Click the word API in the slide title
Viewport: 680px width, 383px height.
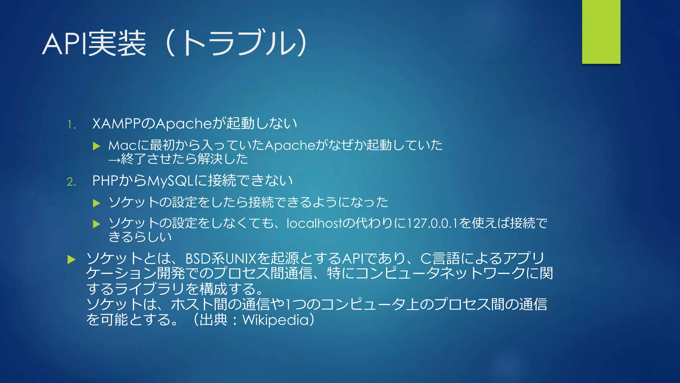coord(64,44)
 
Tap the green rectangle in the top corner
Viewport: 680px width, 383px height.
coord(601,32)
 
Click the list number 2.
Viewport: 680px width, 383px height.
coord(71,182)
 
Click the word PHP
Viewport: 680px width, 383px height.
coord(105,181)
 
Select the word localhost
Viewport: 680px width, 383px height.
coord(314,223)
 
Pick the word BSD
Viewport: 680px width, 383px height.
coord(198,259)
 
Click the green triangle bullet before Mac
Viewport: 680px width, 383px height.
coord(97,146)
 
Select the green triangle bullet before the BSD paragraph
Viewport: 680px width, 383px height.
coord(71,259)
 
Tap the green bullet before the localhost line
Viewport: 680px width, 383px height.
coord(97,224)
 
